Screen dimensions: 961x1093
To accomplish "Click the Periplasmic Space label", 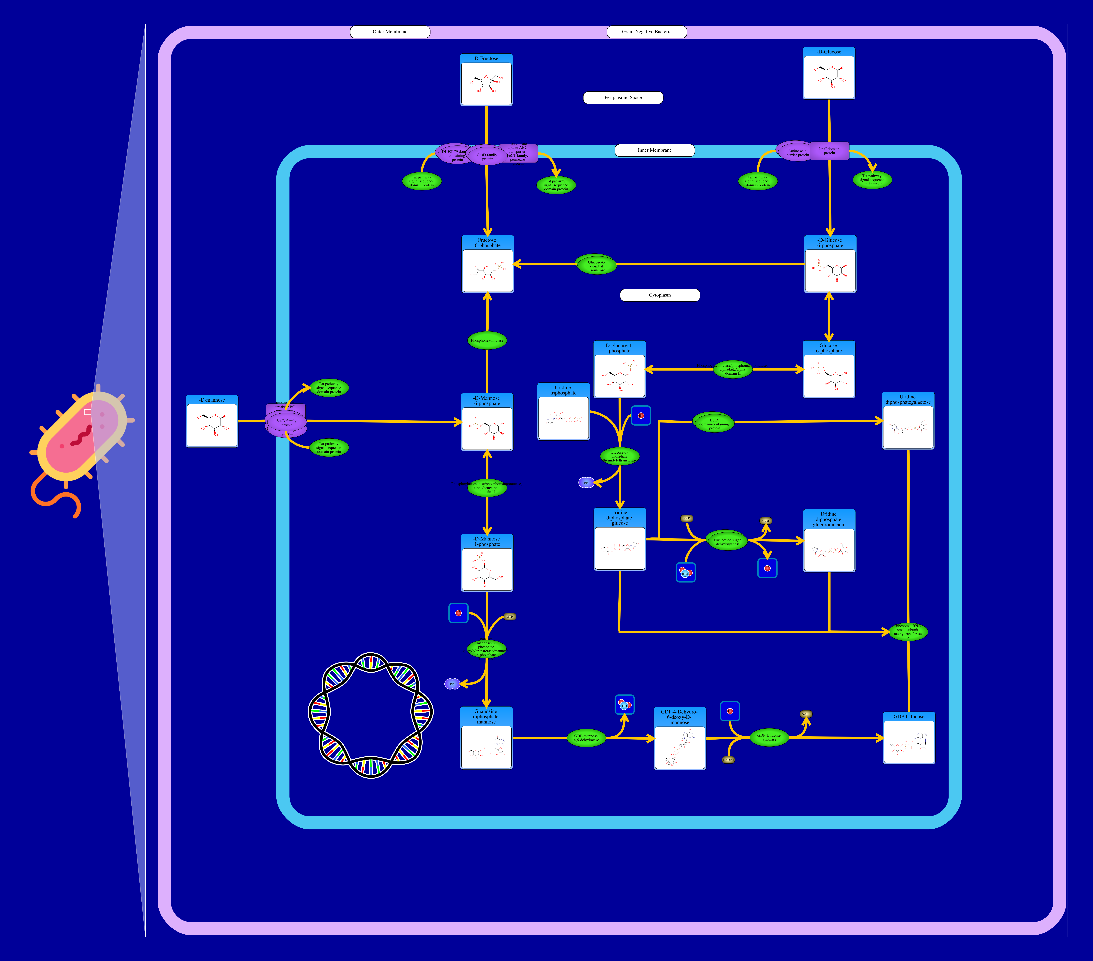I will [623, 97].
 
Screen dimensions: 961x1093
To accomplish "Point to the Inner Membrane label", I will [654, 150].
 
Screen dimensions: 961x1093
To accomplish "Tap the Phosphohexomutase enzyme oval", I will [487, 340].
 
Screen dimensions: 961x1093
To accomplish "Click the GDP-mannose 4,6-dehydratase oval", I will [586, 738].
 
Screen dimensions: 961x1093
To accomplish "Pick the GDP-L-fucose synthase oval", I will [769, 737].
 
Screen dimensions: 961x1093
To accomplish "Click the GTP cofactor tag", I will [510, 617].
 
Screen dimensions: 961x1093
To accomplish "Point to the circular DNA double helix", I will [371, 715].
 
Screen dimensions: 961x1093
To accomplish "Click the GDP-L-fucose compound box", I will [909, 738].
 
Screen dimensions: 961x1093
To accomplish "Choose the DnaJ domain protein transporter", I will [829, 151].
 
